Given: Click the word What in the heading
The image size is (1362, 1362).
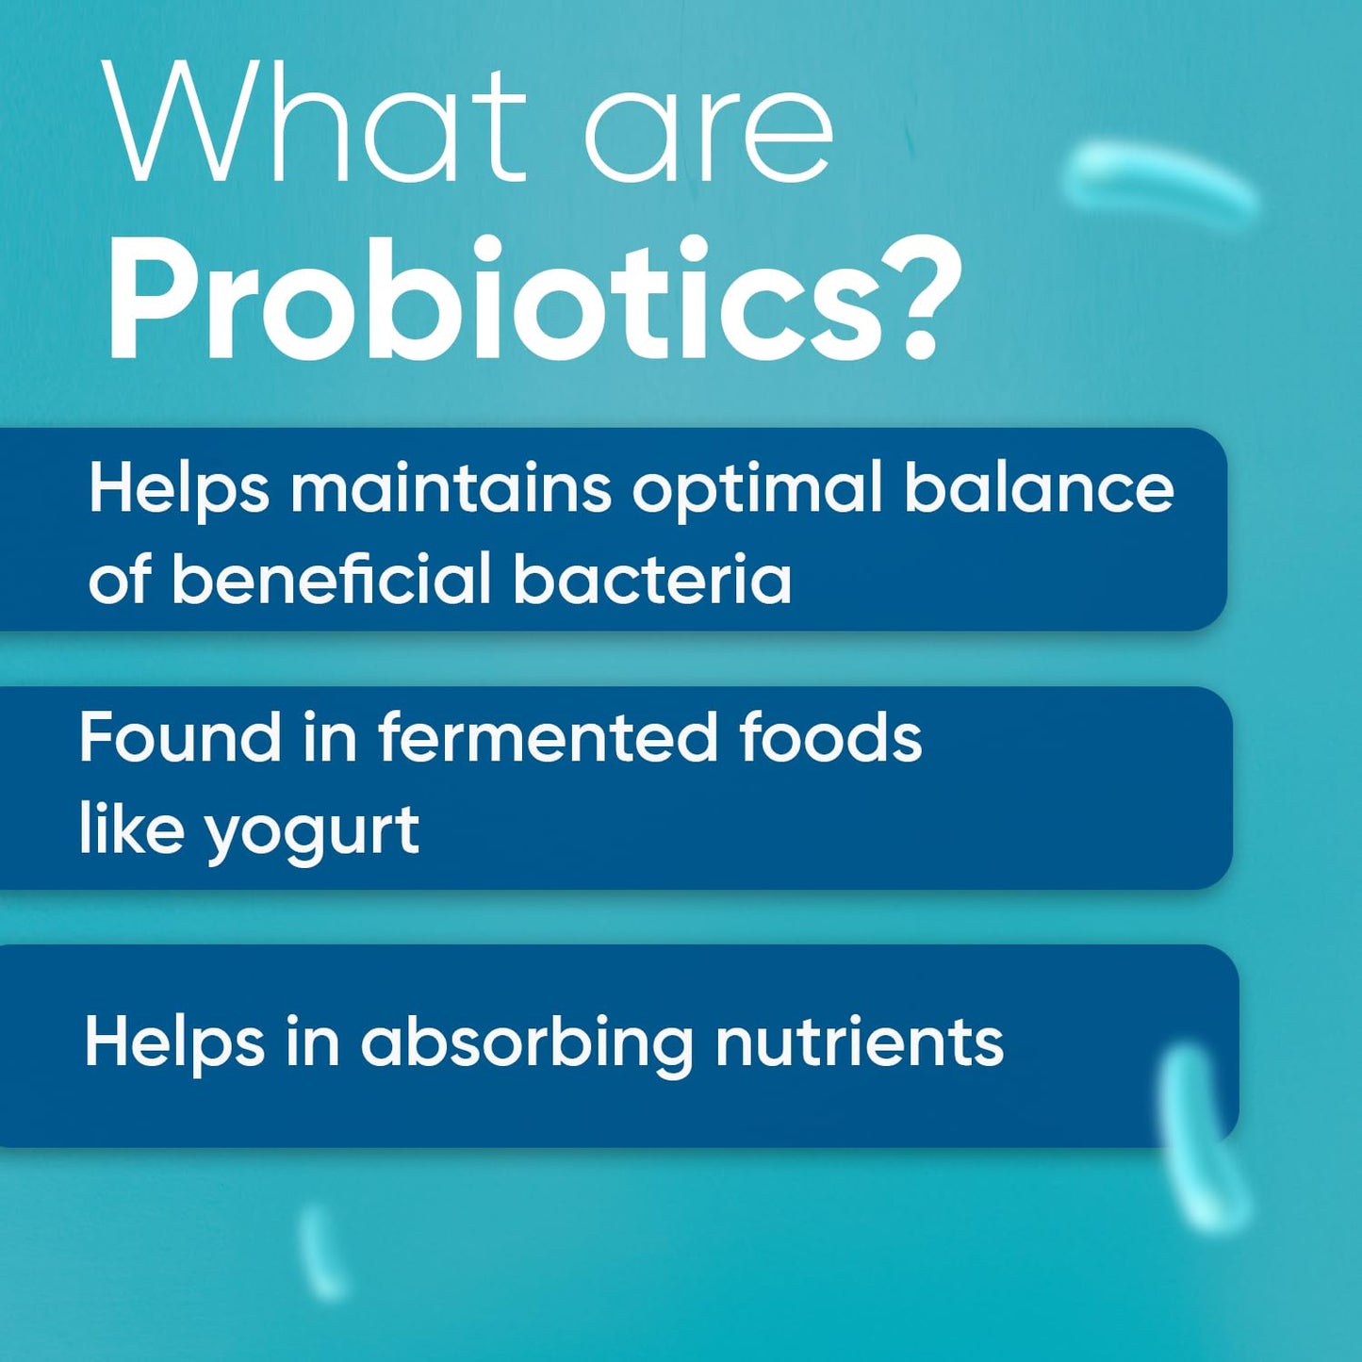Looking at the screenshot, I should [316, 123].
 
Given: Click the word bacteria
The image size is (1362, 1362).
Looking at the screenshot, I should [652, 579].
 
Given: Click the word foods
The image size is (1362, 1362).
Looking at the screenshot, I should [829, 737].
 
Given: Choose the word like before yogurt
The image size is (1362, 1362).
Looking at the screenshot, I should [130, 829].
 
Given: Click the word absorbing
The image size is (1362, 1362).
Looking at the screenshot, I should [527, 1042].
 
